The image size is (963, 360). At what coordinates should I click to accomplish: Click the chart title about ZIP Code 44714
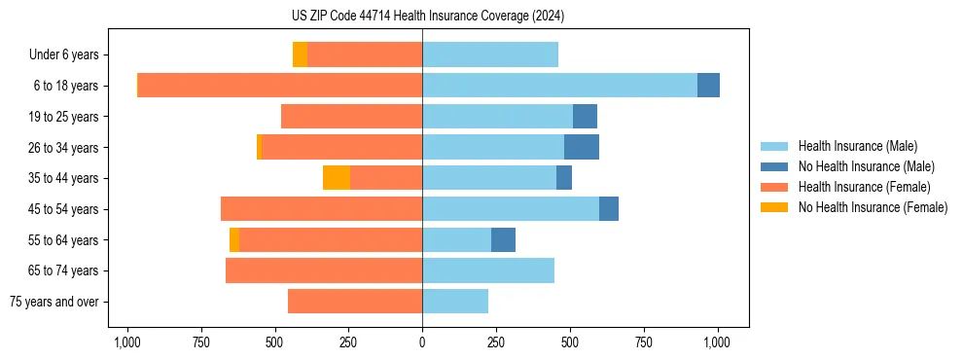click(x=422, y=16)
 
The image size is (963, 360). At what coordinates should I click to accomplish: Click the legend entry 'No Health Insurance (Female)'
click(x=873, y=207)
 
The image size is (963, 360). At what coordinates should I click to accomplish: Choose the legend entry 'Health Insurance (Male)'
click(x=858, y=146)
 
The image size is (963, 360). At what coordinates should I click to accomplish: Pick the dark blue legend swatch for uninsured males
click(x=774, y=166)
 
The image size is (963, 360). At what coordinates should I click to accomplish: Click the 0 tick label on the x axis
click(x=422, y=342)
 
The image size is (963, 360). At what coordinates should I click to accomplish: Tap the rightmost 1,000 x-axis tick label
click(x=717, y=342)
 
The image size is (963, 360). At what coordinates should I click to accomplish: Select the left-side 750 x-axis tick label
click(x=200, y=342)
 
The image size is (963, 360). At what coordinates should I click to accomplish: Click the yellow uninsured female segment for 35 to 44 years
click(x=337, y=178)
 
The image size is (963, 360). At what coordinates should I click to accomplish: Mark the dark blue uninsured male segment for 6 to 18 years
click(x=708, y=86)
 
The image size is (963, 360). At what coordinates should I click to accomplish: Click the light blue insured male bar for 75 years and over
click(x=455, y=302)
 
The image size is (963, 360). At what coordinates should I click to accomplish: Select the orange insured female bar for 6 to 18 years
click(x=280, y=86)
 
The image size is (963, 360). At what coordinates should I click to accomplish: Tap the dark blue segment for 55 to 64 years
click(x=503, y=239)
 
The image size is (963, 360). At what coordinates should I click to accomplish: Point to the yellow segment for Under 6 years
click(x=300, y=54)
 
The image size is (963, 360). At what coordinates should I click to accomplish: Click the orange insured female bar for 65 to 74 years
click(x=324, y=270)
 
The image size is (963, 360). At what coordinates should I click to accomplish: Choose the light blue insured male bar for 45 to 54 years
click(x=511, y=209)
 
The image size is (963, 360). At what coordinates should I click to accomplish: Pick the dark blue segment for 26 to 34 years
click(x=582, y=147)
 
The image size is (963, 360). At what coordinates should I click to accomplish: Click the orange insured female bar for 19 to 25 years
click(x=351, y=117)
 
